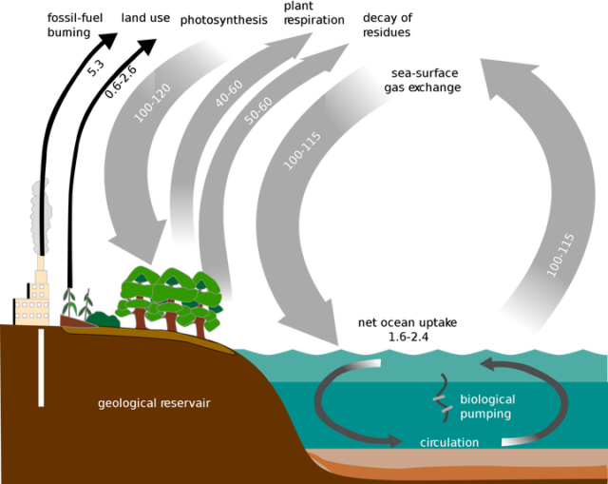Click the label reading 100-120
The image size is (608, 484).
[x=152, y=103]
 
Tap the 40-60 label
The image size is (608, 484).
[x=229, y=93]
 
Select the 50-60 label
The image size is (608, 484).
[x=258, y=109]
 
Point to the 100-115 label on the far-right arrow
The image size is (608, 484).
[x=560, y=254]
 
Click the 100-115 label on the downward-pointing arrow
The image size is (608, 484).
[x=302, y=150]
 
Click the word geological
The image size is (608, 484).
[x=129, y=403]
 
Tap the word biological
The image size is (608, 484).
[x=487, y=399]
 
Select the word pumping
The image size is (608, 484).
[x=485, y=414]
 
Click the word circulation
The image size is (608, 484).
[x=449, y=442]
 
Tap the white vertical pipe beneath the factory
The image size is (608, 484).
[x=41, y=366]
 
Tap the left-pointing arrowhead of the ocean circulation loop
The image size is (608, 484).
[x=489, y=364]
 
